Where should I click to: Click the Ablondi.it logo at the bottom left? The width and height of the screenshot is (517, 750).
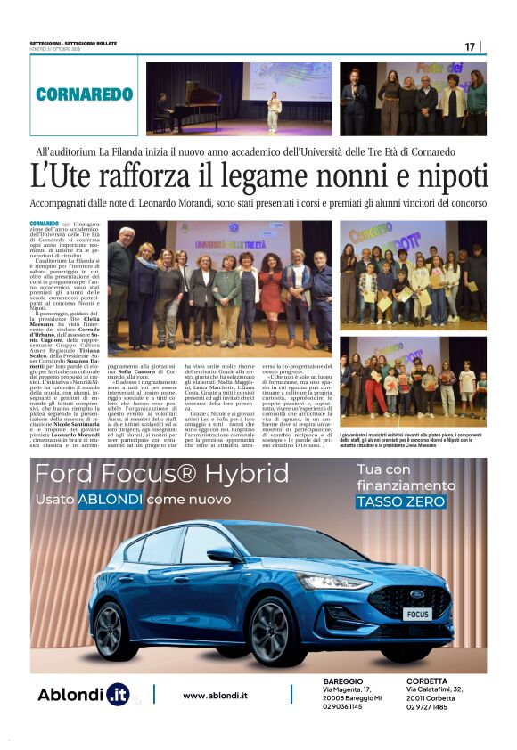pyautogui.click(x=83, y=694)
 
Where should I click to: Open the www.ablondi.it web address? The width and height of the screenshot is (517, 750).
pyautogui.click(x=215, y=695)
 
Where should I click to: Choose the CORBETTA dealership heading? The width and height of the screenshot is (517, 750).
pyautogui.click(x=427, y=681)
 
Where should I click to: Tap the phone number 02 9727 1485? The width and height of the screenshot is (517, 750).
pyautogui.click(x=432, y=706)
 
